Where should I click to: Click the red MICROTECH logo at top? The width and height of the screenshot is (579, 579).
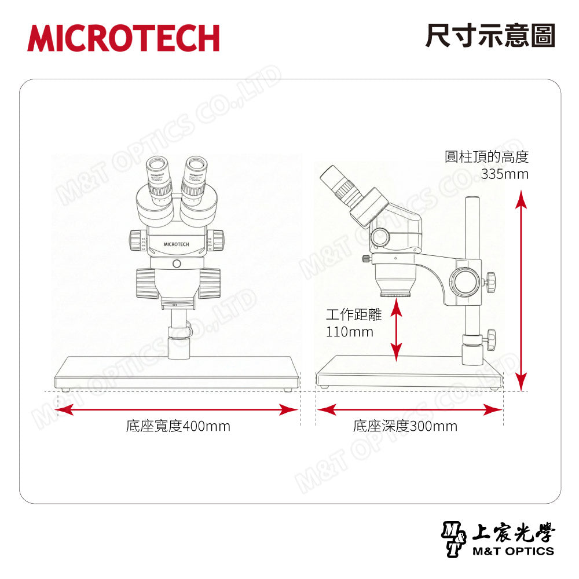click(x=123, y=38)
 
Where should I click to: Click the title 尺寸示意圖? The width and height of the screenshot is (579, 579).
click(x=490, y=36)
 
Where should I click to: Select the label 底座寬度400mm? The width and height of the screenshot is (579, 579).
click(x=178, y=427)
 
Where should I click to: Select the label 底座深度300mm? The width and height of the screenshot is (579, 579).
click(x=405, y=427)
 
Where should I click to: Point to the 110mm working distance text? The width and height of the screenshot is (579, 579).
click(x=350, y=332)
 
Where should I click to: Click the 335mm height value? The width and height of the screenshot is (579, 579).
click(x=504, y=174)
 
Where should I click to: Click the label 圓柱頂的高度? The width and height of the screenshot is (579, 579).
click(x=486, y=157)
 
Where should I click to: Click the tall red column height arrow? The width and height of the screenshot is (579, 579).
click(x=522, y=289)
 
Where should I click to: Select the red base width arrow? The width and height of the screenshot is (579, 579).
click(x=177, y=410)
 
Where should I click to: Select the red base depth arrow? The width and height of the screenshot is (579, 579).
click(x=409, y=410)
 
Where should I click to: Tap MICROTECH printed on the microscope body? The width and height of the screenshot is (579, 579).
click(x=177, y=244)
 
